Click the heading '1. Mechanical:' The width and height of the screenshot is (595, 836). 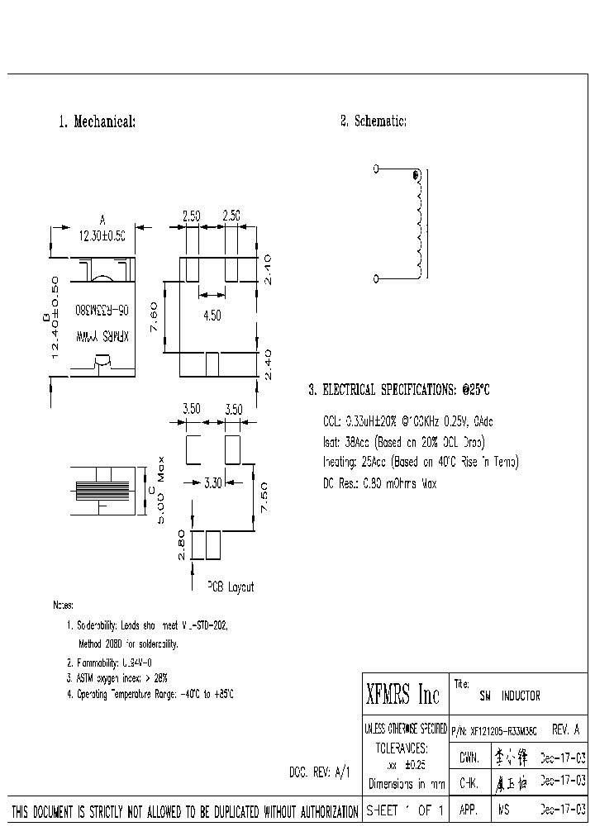click(x=97, y=122)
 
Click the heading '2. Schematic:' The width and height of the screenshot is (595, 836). click(x=374, y=121)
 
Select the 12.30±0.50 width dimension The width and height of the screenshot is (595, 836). click(x=102, y=235)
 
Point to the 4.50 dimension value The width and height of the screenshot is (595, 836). click(x=212, y=314)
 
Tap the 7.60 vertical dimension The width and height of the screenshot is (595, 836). click(x=154, y=316)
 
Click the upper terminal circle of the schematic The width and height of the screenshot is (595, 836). click(x=376, y=169)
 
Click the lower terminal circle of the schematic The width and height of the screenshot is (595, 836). click(x=376, y=278)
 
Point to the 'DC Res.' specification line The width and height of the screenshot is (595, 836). click(x=379, y=483)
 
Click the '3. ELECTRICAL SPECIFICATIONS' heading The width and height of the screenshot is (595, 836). click(x=399, y=390)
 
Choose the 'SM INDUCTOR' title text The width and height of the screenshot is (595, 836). click(x=510, y=696)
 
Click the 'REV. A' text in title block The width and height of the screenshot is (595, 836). click(x=564, y=730)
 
